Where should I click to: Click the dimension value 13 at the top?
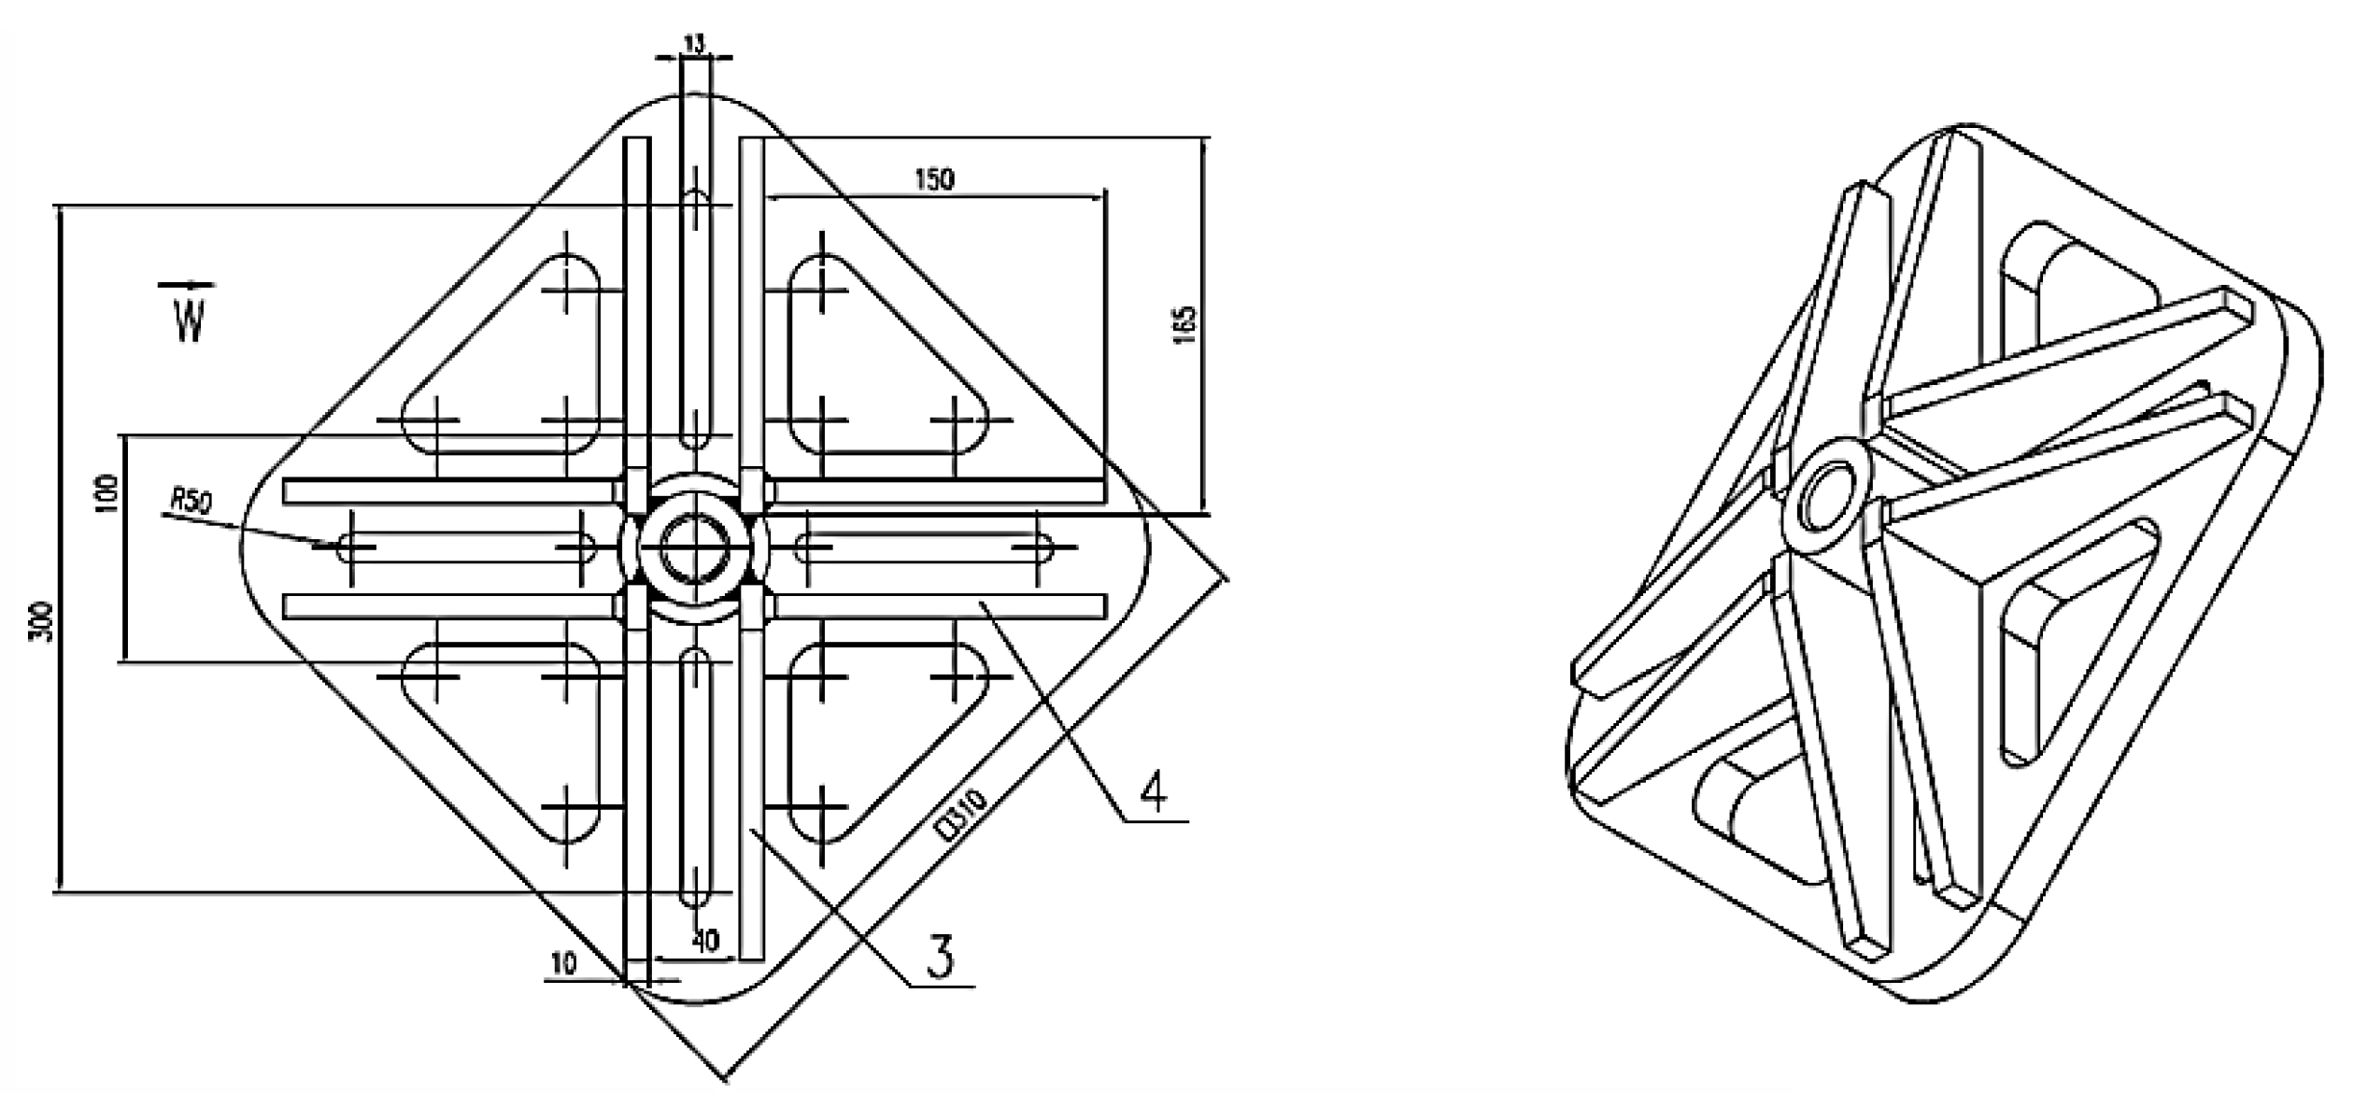(x=694, y=43)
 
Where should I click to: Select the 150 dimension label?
(x=934, y=178)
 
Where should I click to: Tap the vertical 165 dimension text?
(x=1184, y=324)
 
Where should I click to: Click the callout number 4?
(x=1155, y=793)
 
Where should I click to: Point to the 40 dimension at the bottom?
(x=705, y=940)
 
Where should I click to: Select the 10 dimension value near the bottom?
(x=563, y=963)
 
